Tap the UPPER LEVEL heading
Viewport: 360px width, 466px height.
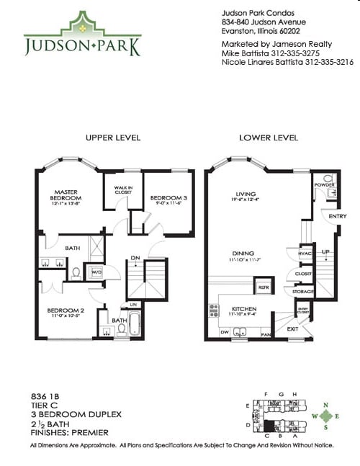(x=112, y=137)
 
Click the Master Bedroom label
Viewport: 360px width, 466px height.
(x=66, y=195)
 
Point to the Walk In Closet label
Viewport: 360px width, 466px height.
(x=123, y=191)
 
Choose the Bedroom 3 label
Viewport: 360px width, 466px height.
(x=168, y=200)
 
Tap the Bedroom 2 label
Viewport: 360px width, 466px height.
(x=66, y=312)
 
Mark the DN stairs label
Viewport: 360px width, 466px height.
(x=135, y=257)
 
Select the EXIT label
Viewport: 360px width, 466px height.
(x=292, y=328)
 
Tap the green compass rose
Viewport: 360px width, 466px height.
(x=328, y=416)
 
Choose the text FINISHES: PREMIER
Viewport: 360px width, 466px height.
(x=69, y=432)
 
